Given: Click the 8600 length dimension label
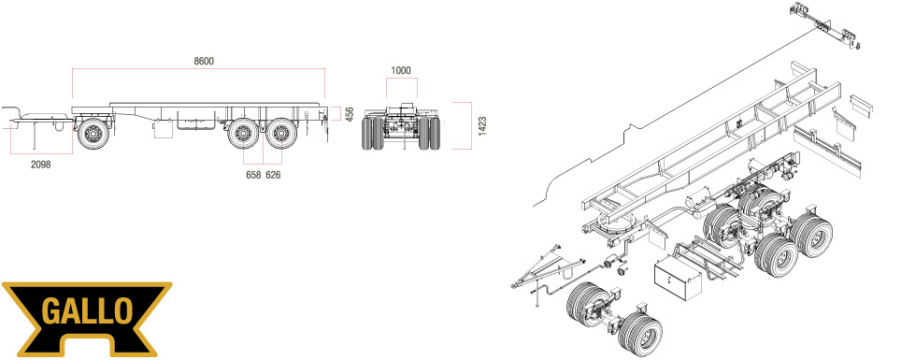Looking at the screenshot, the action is pyautogui.click(x=204, y=61).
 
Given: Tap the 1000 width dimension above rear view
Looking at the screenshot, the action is pyautogui.click(x=401, y=71).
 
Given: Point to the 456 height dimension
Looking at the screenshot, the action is pyautogui.click(x=350, y=114).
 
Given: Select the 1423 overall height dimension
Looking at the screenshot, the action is pyautogui.click(x=482, y=126).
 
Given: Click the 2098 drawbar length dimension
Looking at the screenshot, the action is pyautogui.click(x=41, y=165).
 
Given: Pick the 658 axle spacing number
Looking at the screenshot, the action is pyautogui.click(x=253, y=175).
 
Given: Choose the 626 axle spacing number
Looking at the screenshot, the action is pyautogui.click(x=273, y=175).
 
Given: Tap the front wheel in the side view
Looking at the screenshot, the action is pyautogui.click(x=93, y=134).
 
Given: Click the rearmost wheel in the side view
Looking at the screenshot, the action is pyautogui.click(x=281, y=134).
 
